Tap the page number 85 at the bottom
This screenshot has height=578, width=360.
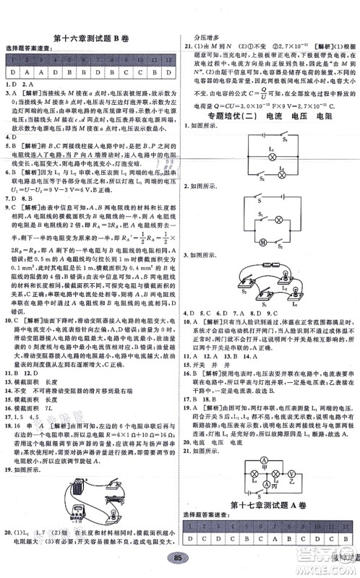coord(177,559)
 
